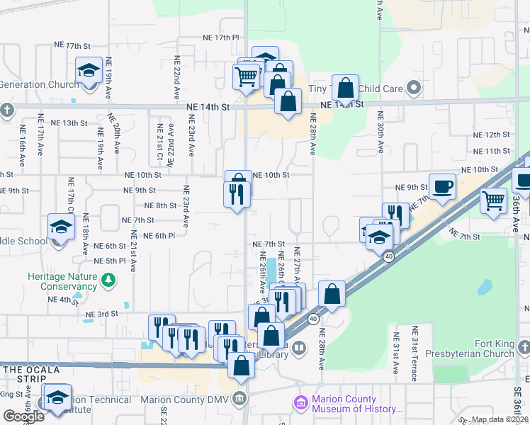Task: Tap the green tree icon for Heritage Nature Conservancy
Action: pos(108,282)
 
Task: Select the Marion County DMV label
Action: pos(187,399)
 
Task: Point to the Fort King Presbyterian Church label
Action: pos(474,348)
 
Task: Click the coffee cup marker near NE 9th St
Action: pos(442,187)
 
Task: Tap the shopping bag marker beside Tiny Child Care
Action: pos(345,89)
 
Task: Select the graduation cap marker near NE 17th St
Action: pos(89,72)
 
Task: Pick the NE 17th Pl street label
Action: pos(222,37)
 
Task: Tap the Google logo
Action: pos(23,416)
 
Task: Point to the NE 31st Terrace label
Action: pos(415,353)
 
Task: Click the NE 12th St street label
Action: pos(492,135)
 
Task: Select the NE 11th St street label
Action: pos(492,151)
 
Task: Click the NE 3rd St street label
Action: pos(101,314)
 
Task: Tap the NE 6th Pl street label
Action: pos(159,236)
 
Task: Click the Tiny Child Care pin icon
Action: pos(415,89)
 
